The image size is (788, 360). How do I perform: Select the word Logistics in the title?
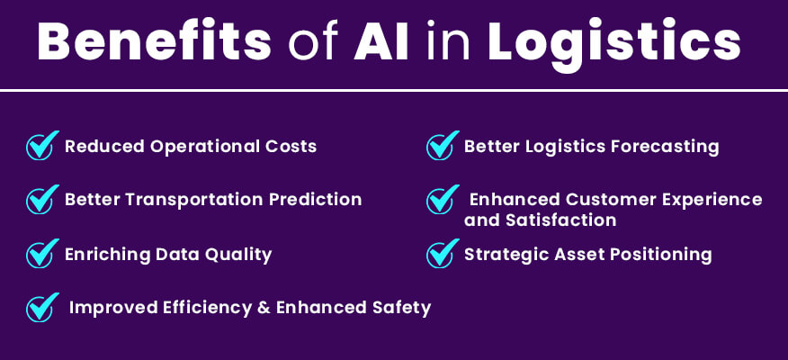coord(614,43)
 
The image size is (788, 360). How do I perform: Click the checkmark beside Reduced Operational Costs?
coord(41,146)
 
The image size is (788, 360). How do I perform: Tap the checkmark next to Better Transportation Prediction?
coord(41,199)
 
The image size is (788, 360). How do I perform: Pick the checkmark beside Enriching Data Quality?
coord(41,254)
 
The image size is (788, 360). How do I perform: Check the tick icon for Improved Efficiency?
coord(41,308)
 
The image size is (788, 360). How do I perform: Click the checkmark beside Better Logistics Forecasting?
coord(441,146)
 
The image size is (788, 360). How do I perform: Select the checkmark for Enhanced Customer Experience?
coord(441,199)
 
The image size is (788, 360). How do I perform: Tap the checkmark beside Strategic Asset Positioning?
coord(441,254)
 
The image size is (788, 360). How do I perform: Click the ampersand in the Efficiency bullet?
coord(263,308)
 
